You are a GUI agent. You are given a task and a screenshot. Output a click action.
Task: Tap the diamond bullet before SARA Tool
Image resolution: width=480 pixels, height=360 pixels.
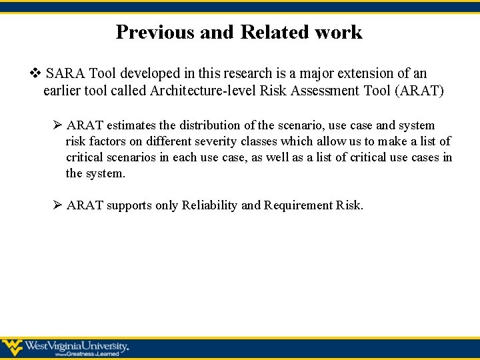click(36, 73)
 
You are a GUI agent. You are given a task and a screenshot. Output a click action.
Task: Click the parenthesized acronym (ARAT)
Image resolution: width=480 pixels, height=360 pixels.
click(419, 91)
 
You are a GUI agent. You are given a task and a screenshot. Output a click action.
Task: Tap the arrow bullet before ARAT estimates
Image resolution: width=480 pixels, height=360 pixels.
click(57, 125)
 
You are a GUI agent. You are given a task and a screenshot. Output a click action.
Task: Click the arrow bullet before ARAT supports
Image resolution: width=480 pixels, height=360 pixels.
click(57, 205)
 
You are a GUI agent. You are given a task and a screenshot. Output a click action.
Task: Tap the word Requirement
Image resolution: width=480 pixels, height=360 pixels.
click(297, 205)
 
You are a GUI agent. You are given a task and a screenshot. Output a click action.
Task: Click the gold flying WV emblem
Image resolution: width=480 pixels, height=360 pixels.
click(12, 347)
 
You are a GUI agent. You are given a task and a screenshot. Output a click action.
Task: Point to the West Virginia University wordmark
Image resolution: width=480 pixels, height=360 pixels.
click(76, 345)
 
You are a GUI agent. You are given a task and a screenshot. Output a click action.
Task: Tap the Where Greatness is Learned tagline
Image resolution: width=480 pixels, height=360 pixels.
click(83, 355)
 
